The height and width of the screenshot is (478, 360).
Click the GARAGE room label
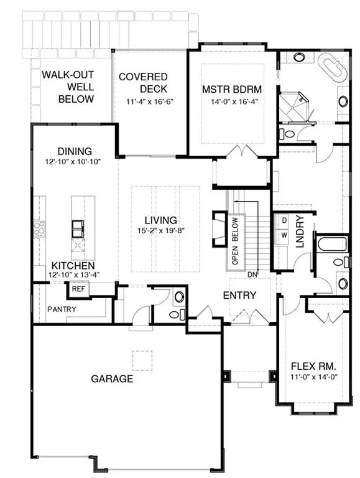click(x=112, y=378)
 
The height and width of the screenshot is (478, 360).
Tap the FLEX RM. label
click(x=308, y=366)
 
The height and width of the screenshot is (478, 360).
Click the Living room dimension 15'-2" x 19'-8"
click(x=161, y=232)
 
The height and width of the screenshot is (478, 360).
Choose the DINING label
click(x=74, y=151)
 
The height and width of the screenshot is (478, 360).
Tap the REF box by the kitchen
click(x=78, y=289)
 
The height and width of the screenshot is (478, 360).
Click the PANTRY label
click(x=61, y=309)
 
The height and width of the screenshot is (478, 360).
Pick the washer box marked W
click(x=284, y=235)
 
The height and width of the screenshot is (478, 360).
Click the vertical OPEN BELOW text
click(x=235, y=241)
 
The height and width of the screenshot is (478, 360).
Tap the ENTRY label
click(x=239, y=295)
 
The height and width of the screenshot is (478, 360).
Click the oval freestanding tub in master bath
click(x=334, y=66)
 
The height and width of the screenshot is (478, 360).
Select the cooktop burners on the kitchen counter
click(x=40, y=229)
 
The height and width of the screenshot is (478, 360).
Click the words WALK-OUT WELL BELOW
click(x=68, y=87)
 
